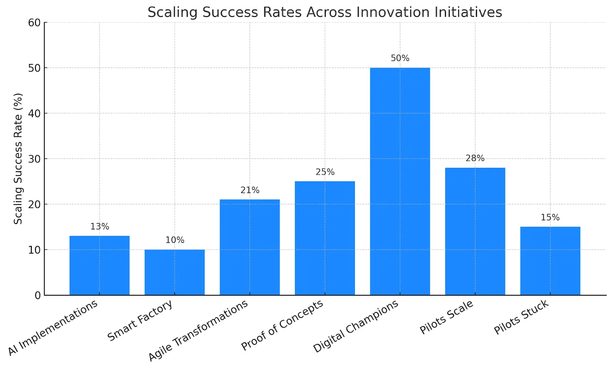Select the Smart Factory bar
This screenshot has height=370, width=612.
tap(174, 272)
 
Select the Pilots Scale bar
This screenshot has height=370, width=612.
tap(475, 231)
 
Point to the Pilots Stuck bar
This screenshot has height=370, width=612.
tap(550, 261)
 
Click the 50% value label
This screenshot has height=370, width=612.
tap(400, 58)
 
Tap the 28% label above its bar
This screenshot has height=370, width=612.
tap(475, 158)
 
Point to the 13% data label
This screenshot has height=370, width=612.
tap(99, 226)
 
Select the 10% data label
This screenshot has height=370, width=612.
tap(174, 240)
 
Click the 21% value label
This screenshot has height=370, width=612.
tap(250, 190)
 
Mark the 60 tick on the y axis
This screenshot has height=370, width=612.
tap(34, 23)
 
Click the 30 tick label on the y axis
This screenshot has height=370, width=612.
tap(34, 159)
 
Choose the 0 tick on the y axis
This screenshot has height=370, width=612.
tap(37, 295)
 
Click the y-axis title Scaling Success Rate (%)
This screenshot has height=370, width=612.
tap(18, 159)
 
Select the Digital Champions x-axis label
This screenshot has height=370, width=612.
tap(356, 326)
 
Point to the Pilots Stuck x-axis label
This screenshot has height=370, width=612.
tap(521, 317)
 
